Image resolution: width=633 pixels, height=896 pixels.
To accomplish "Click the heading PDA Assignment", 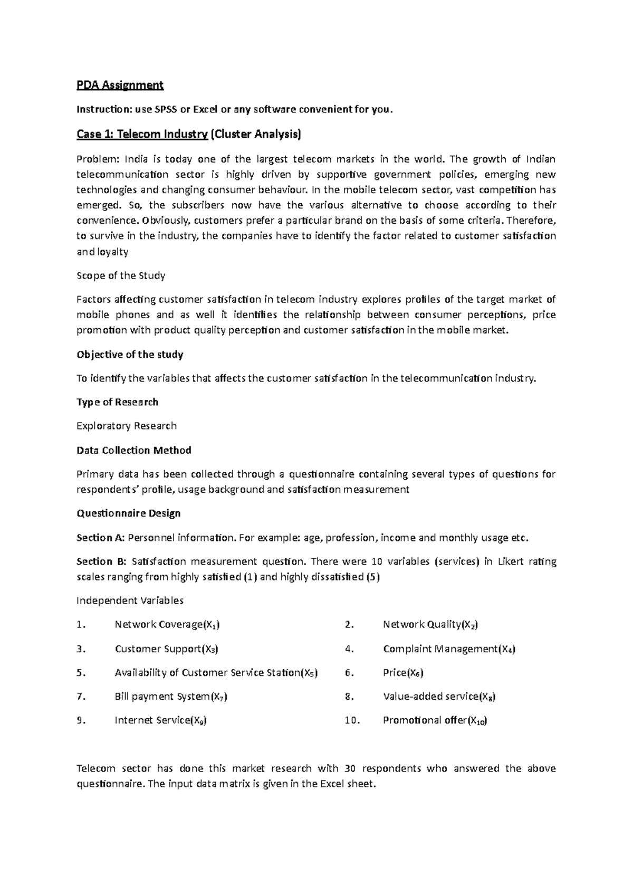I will (120, 85).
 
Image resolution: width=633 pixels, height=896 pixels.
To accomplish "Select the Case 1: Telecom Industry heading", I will (142, 135).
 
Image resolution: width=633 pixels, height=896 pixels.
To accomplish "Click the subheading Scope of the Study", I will (121, 275).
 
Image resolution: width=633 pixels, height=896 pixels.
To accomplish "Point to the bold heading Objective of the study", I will (130, 355).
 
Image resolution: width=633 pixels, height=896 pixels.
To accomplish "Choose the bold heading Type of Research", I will (117, 402).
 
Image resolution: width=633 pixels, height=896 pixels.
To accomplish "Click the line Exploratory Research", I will (127, 426).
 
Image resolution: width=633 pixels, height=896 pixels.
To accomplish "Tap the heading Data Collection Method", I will (134, 450).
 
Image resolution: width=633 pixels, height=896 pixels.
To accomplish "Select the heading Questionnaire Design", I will (129, 513).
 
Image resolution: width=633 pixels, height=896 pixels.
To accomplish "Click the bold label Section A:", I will (101, 538).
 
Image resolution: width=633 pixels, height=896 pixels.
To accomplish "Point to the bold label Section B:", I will (102, 561).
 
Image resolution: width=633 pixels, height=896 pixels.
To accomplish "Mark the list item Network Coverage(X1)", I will (167, 625).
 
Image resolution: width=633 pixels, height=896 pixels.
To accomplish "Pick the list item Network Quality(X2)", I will (430, 625).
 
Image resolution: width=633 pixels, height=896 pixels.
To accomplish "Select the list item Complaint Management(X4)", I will (449, 649).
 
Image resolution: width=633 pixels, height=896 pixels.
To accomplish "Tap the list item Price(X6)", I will (403, 673).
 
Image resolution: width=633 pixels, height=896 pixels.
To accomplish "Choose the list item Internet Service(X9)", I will (160, 720).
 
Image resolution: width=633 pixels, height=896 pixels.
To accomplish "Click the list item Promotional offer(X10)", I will (435, 720).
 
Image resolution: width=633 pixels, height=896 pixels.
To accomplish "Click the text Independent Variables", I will (130, 600).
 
